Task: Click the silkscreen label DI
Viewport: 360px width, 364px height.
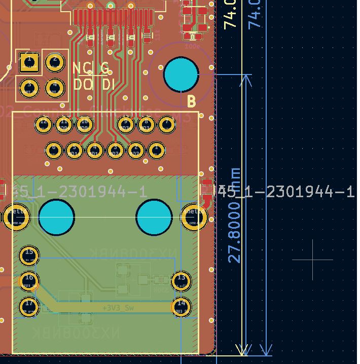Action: pos(108,84)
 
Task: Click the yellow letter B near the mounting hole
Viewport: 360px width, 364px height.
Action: pos(191,102)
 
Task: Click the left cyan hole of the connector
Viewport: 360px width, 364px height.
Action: pos(56,217)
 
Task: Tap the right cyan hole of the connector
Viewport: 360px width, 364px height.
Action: pos(154,217)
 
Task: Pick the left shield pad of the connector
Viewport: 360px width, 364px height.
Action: pos(17,217)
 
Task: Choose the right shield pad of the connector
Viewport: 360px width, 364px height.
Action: pos(194,217)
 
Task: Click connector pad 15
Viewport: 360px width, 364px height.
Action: pos(29,255)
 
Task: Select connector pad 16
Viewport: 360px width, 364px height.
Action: pos(29,280)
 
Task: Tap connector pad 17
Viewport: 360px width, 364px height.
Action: pos(29,306)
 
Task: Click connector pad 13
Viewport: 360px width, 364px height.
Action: pos(181,280)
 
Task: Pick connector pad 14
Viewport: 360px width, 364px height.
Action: pos(181,306)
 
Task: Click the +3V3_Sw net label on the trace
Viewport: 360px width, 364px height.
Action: pos(118,308)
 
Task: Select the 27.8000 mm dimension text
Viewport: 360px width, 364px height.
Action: pos(234,215)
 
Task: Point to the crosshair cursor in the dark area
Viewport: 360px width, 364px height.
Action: pos(313,260)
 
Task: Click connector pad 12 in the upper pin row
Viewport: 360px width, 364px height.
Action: pos(44,124)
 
